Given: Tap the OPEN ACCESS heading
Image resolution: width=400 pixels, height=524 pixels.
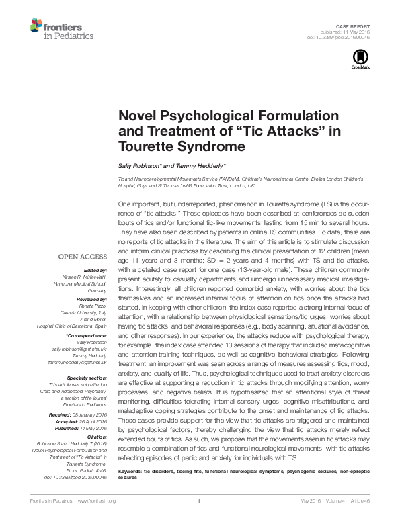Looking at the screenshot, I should (82, 257).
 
